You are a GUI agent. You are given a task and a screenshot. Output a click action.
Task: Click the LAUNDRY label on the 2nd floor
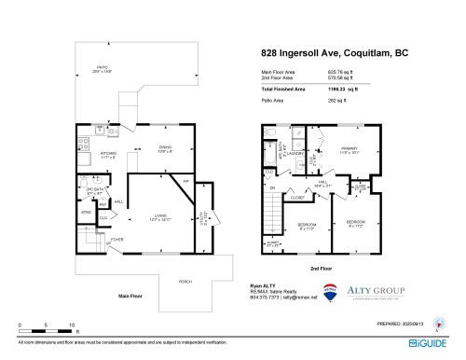(298, 154)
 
